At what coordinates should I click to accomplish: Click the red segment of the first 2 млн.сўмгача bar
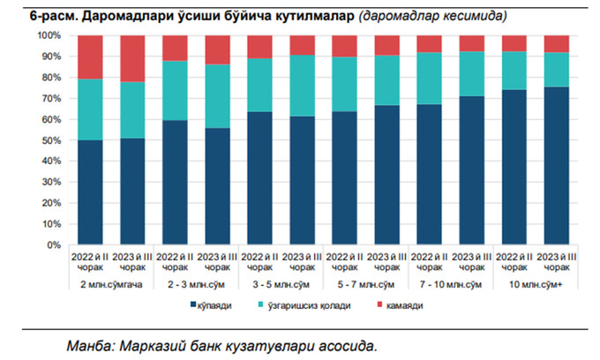pos(91,57)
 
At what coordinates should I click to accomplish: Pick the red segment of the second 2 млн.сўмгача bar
pos(132,58)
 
